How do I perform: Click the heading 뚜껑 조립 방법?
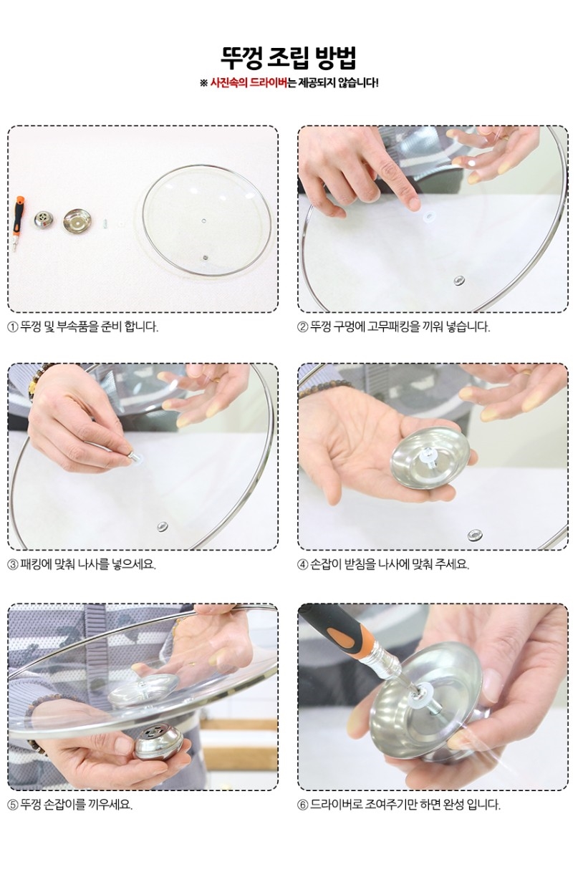pos(289,58)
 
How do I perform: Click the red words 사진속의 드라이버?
pos(249,83)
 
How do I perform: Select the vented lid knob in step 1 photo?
pos(42,220)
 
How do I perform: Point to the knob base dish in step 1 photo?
pos(77,221)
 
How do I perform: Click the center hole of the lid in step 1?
pos(203,221)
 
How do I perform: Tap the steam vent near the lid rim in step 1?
pos(205,258)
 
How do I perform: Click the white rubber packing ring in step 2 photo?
pos(430,215)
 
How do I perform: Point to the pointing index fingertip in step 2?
pos(413,203)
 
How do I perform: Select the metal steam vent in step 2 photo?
pos(459,281)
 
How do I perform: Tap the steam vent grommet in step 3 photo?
pos(163,527)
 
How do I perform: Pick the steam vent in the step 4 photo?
pos(475,535)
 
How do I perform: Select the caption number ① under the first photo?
pos(13,327)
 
